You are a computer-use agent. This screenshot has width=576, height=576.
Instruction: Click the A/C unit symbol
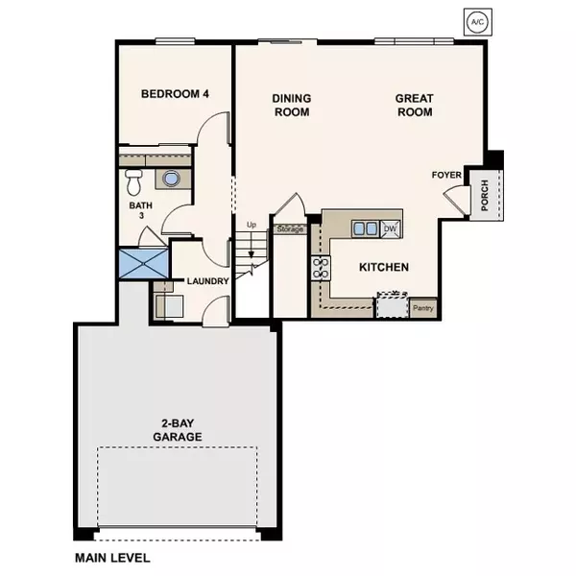click(x=477, y=20)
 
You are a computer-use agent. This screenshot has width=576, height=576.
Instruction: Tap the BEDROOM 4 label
click(x=175, y=94)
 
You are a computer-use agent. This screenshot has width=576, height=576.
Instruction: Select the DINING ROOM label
click(x=291, y=105)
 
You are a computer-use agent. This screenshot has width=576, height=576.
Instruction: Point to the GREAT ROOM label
click(x=414, y=105)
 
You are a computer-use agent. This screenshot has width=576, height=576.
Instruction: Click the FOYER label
click(x=446, y=175)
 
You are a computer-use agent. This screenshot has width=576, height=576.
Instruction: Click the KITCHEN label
click(x=384, y=267)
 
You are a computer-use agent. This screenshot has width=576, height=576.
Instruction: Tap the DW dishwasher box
click(x=390, y=228)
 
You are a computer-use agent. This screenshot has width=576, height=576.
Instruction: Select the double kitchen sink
click(x=365, y=228)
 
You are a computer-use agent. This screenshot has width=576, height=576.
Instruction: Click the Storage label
click(x=290, y=229)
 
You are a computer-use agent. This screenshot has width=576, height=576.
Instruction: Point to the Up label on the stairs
click(x=252, y=225)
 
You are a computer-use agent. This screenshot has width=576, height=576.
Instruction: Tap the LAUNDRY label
click(x=207, y=281)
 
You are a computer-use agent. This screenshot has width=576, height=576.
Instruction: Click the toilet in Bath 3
click(x=133, y=180)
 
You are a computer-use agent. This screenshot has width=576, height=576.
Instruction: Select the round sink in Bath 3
click(x=171, y=179)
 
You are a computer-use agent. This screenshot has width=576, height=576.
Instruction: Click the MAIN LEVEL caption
click(x=112, y=557)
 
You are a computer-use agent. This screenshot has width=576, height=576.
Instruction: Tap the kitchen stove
click(x=319, y=268)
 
